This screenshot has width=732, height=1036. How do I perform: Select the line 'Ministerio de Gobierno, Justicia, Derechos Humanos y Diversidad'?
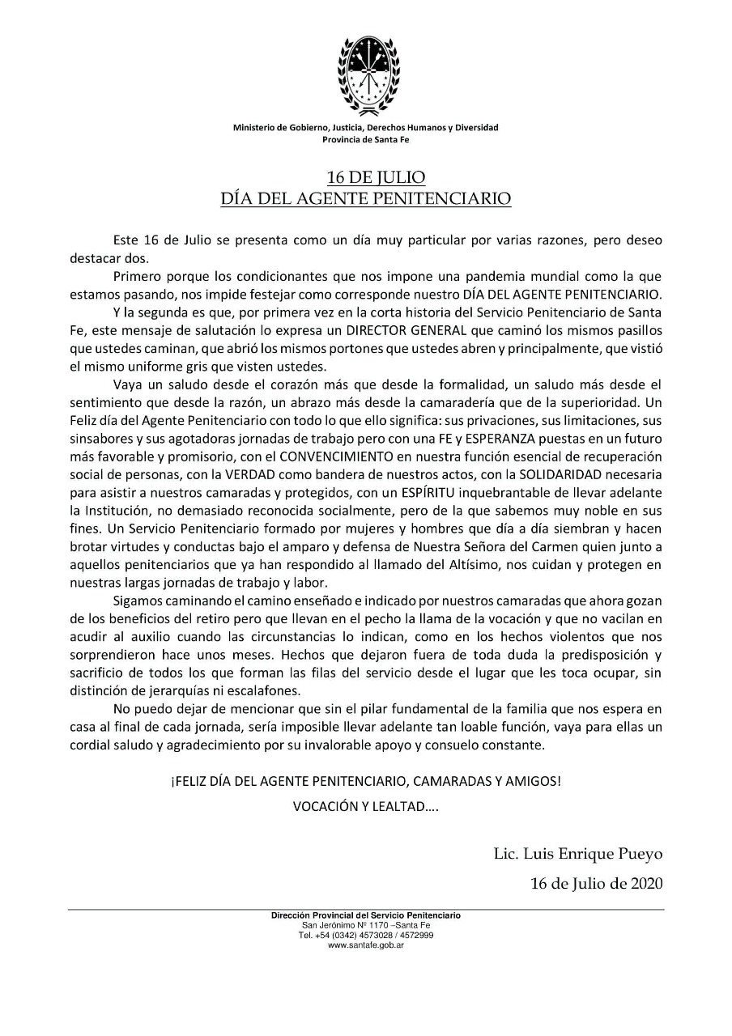pos(366,128)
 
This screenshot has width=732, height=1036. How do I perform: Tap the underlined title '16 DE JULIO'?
pos(365,177)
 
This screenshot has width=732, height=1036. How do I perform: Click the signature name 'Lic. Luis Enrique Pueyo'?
pos(578,853)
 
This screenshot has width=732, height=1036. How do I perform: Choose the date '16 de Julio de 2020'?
pos(597,882)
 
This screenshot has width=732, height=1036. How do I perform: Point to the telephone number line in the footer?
pos(366,934)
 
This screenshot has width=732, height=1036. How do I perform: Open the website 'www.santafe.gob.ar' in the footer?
pos(366,944)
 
